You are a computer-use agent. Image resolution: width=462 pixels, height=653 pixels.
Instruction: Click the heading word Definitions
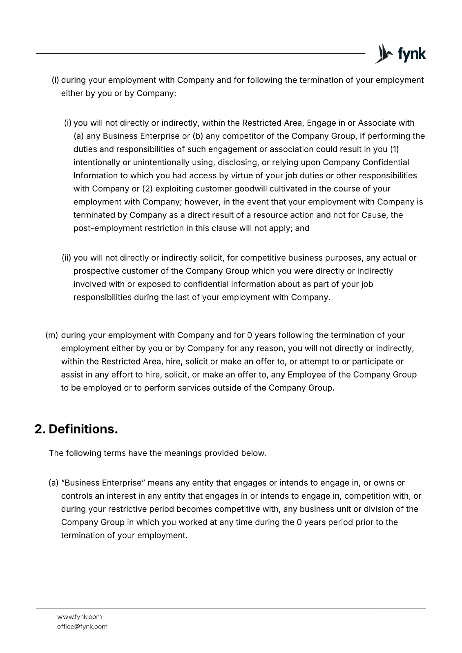[83, 429]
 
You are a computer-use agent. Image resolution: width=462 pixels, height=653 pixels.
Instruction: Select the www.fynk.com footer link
[79, 617]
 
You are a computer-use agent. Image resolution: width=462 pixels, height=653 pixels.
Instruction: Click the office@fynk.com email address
[82, 626]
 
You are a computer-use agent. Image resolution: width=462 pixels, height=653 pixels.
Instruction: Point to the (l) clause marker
[55, 80]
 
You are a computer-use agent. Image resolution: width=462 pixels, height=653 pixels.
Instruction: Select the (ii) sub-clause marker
[67, 258]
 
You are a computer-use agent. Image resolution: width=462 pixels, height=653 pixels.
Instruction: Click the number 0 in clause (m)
[249, 335]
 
